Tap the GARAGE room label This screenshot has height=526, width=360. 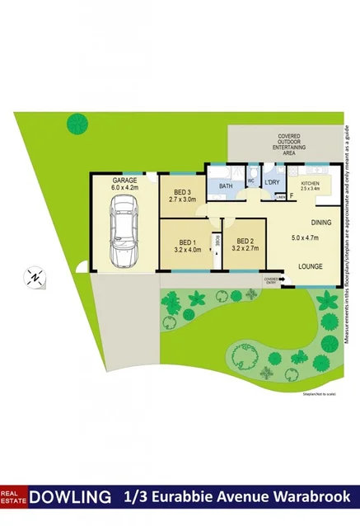pyautogui.click(x=124, y=180)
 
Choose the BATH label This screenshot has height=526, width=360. pyautogui.click(x=226, y=187)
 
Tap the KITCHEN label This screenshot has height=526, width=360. pyautogui.click(x=311, y=183)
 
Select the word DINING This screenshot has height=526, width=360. pyautogui.click(x=321, y=223)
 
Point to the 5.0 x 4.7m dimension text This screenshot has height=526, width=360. pyautogui.click(x=310, y=239)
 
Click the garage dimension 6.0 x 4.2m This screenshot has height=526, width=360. pyautogui.click(x=124, y=188)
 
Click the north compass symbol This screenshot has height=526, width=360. pyautogui.click(x=35, y=277)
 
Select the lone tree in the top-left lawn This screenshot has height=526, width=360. pyautogui.click(x=78, y=122)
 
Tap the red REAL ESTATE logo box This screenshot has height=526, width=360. pyautogui.click(x=14, y=497)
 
